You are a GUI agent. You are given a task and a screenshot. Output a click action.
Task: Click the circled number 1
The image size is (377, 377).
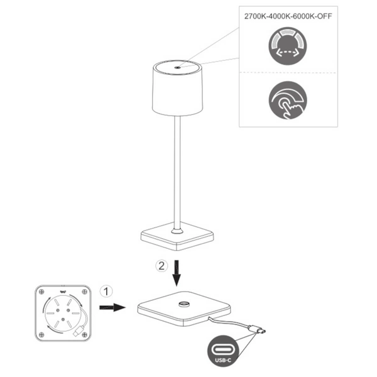click(107, 291)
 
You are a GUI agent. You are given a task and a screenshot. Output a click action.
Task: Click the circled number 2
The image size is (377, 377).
click(161, 265)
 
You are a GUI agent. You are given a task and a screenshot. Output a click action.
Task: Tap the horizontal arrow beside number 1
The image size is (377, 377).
click(116, 308)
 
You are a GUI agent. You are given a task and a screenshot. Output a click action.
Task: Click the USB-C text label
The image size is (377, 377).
click(222, 360)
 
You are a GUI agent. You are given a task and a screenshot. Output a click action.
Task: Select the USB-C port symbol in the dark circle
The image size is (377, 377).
click(222, 348)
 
